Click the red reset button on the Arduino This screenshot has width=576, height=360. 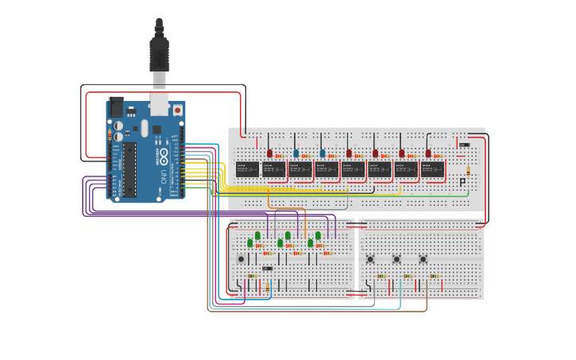click(176, 109)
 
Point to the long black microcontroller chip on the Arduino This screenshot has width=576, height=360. click(128, 169)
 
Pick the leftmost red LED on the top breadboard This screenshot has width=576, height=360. click(269, 153)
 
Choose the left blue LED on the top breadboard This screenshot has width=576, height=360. click(296, 153)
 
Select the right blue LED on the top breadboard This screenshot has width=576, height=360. click(323, 153)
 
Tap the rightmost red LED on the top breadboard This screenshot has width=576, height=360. click(428, 153)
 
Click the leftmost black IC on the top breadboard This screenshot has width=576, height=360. click(247, 168)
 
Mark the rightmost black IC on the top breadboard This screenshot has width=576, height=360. click(433, 168)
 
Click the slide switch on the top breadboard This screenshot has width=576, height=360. click(464, 145)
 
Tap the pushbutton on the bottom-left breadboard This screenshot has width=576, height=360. click(242, 259)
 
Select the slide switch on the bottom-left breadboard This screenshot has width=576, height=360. click(267, 269)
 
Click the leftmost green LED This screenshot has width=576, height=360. click(249, 242)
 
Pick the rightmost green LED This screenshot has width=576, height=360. click(318, 235)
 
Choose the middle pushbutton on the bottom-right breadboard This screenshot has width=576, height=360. click(396, 259)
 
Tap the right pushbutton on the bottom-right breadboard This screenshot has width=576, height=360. click(423, 259)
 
